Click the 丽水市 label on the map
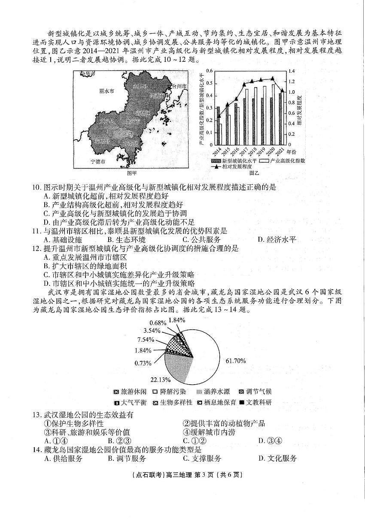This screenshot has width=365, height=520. (x=106, y=91)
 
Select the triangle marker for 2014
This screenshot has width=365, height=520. (x=219, y=116)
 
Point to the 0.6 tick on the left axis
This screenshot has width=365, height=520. (x=209, y=71)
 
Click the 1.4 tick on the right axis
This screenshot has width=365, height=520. (x=292, y=71)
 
